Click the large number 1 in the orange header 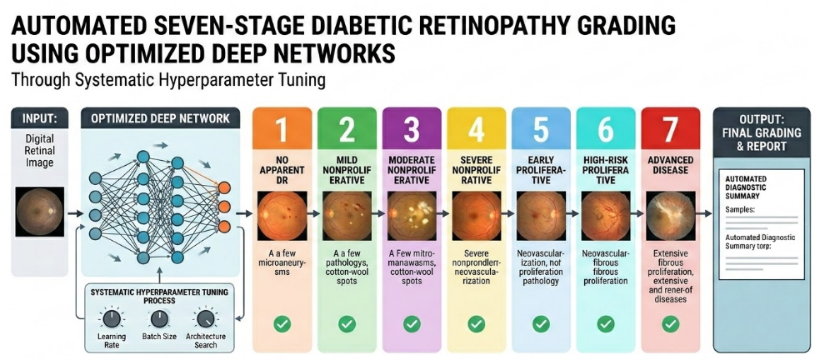coord(281,132)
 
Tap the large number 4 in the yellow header coord(476,132)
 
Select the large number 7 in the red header coord(670,132)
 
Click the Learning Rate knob coord(111,319)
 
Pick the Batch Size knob coord(159,319)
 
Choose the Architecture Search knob coord(206,319)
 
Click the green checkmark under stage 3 coord(412,325)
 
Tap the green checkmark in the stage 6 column coord(606,325)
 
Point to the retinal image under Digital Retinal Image coord(40,212)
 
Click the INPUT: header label coord(39,118)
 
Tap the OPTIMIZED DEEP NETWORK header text coord(160,118)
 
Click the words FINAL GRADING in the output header coord(761,132)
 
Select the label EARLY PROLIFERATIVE coord(541,170)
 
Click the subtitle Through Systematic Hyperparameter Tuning coord(168,82)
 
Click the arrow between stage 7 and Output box coord(704,213)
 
